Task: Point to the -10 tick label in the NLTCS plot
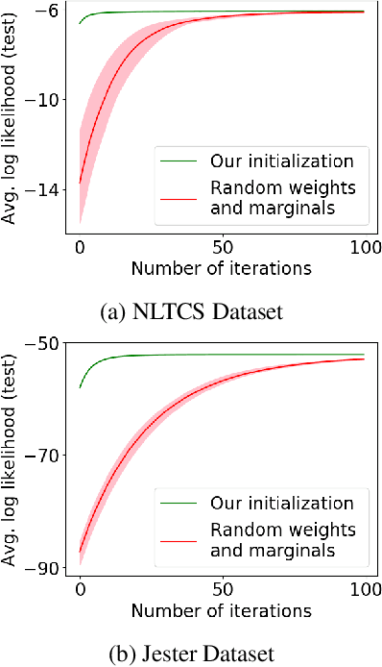41,100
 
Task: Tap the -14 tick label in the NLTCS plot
41,190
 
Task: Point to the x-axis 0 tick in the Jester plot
80,587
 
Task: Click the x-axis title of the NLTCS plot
221,268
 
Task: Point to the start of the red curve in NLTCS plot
80,183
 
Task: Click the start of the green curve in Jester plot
80,387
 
